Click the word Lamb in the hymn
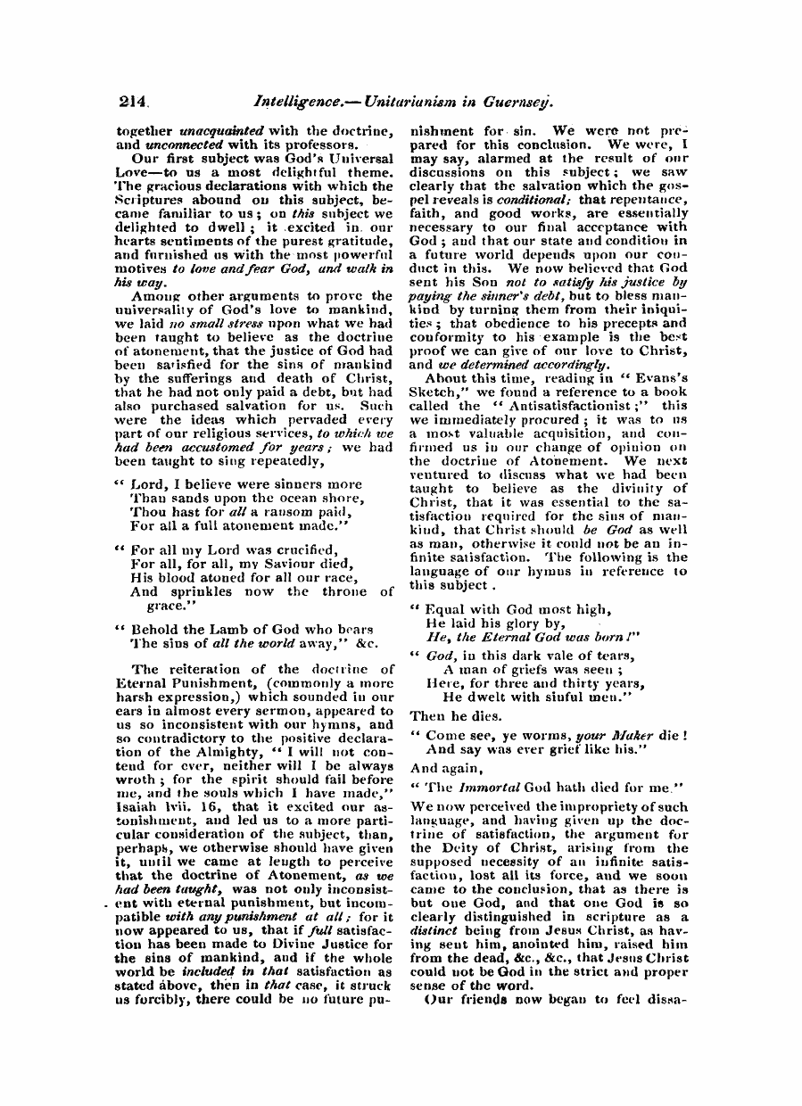220,630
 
